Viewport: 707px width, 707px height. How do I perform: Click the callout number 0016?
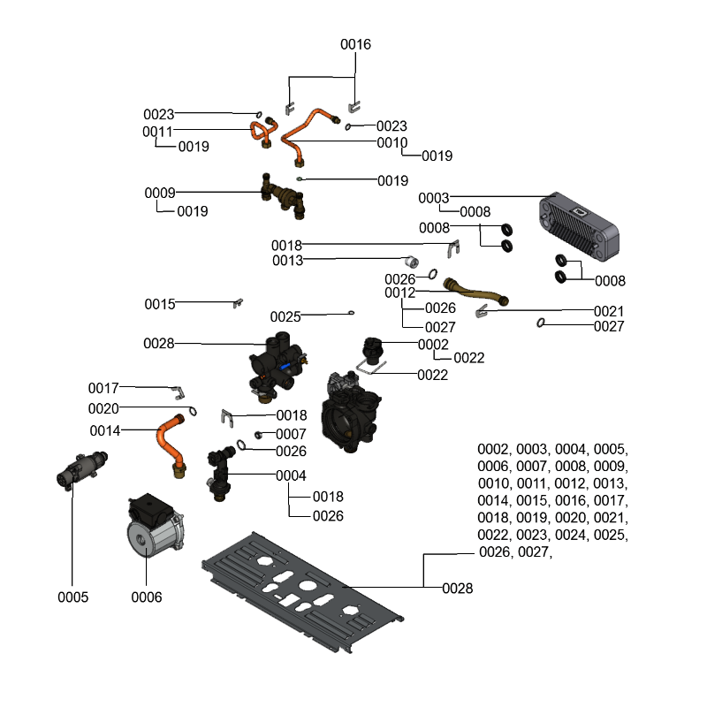pos(356,44)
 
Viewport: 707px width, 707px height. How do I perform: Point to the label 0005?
pos(73,597)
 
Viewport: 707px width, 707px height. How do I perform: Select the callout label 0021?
pos(609,311)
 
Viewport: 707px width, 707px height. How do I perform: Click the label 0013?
pos(288,261)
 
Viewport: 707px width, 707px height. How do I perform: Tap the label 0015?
pos(160,304)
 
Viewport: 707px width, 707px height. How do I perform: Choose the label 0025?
pos(285,316)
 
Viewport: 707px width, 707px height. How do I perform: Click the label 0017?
pos(103,388)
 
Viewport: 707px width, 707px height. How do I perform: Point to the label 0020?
pos(103,408)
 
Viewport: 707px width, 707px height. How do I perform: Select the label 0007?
pos(291,434)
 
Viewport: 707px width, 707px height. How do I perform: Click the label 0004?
pos(291,475)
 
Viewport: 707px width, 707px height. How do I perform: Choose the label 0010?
pos(392,142)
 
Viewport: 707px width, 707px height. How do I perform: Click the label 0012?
pos(399,293)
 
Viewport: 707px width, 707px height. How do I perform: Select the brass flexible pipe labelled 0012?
pos(475,293)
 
